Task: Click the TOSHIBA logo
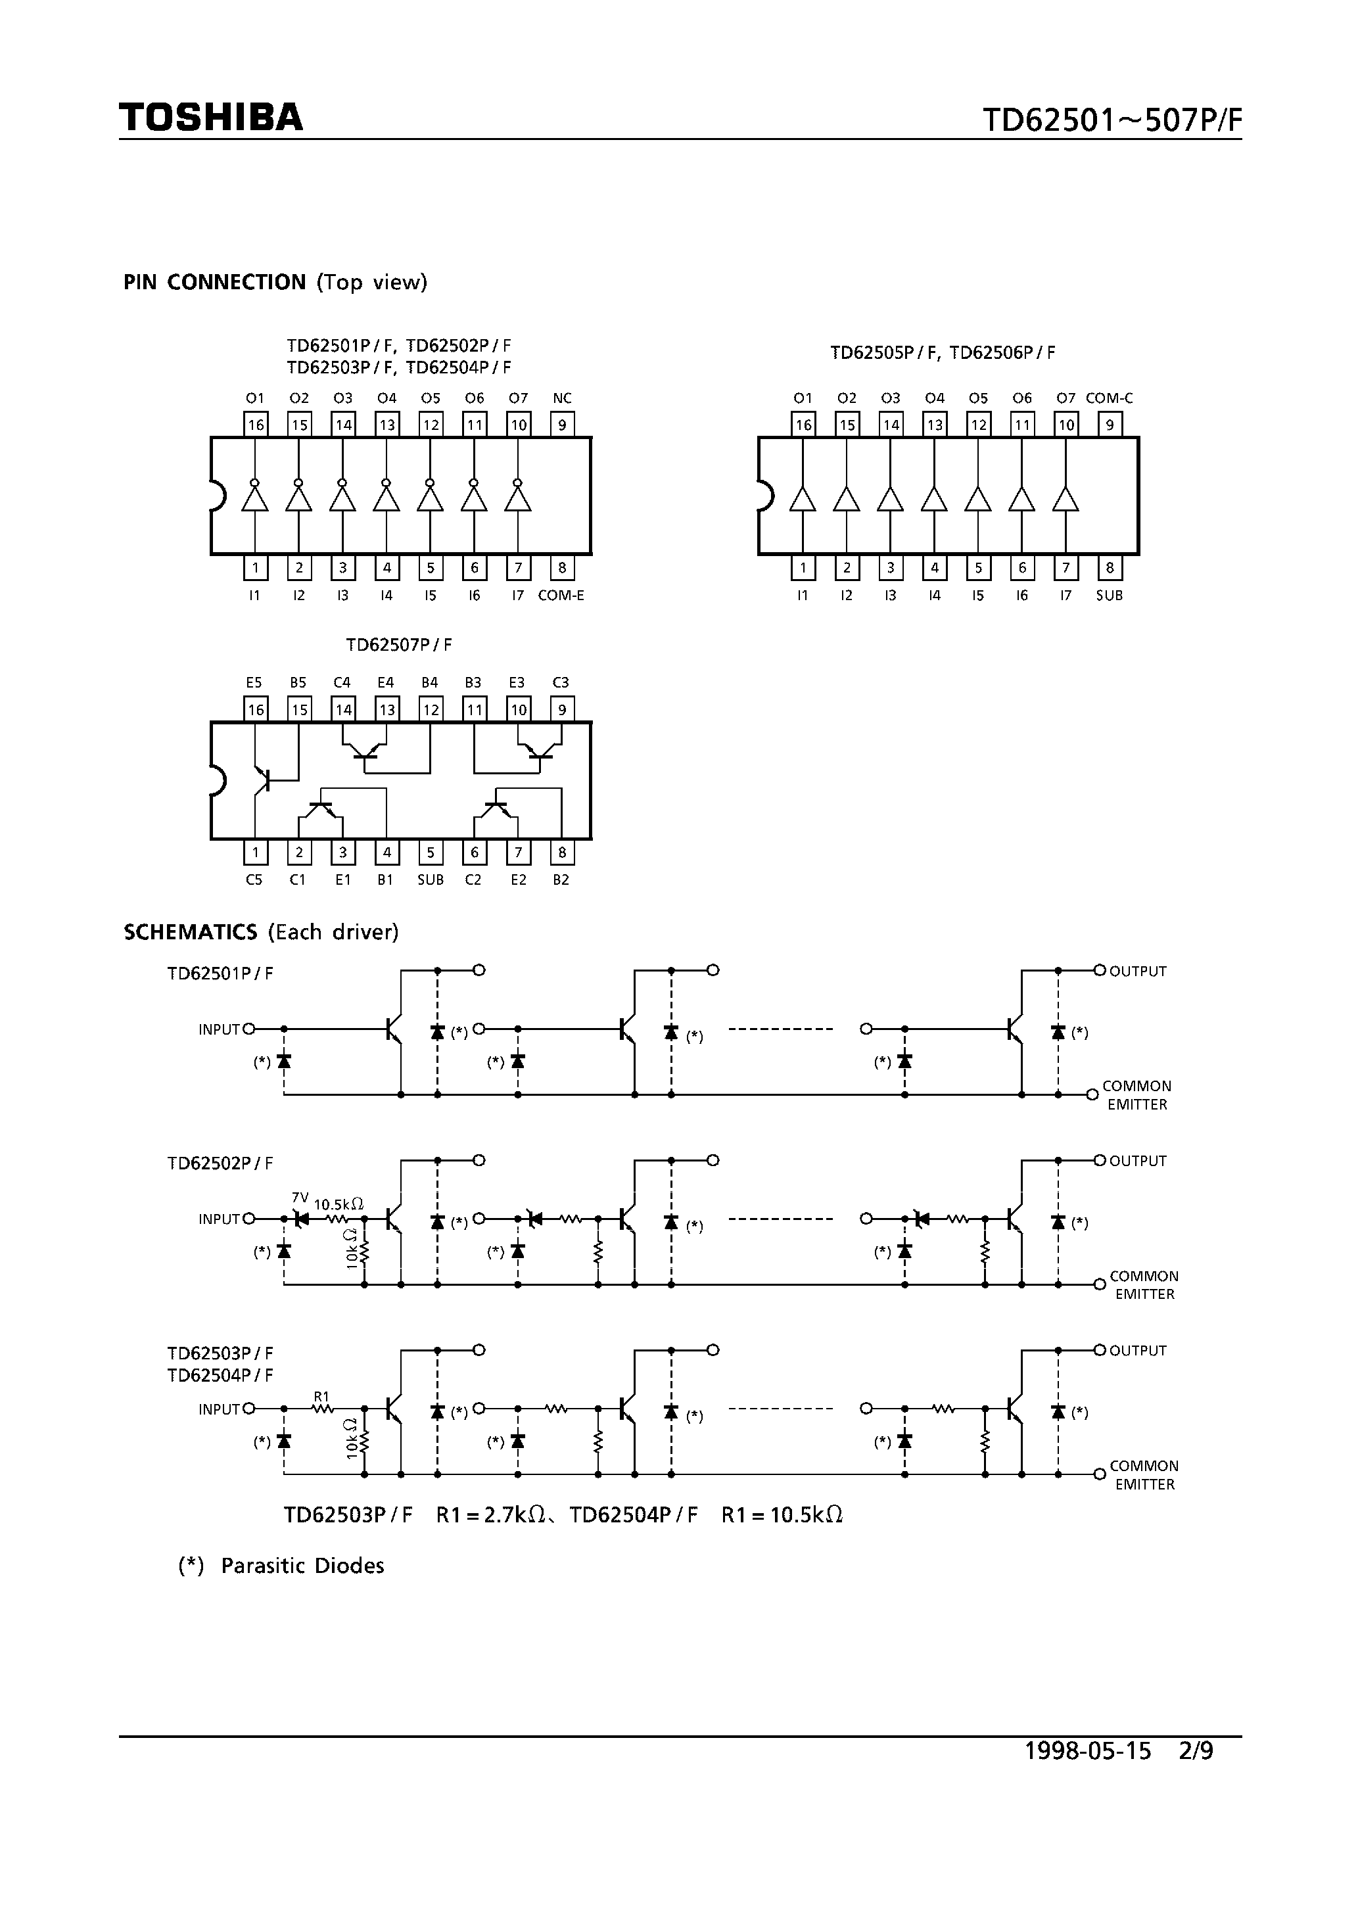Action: [x=211, y=117]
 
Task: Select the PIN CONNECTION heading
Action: [x=214, y=282]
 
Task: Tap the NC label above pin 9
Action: [x=562, y=398]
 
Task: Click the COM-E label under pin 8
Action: [x=561, y=595]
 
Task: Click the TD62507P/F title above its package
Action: [x=400, y=645]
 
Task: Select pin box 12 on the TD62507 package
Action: [x=431, y=710]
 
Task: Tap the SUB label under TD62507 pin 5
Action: [x=431, y=879]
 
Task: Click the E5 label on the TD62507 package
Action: [x=254, y=683]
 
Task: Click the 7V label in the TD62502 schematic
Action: [x=300, y=1197]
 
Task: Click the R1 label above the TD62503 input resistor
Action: [x=321, y=1395]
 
